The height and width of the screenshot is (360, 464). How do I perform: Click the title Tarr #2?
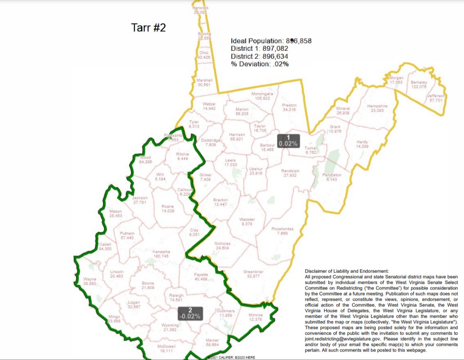(x=148, y=28)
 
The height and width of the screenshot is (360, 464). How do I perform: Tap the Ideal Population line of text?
(x=271, y=41)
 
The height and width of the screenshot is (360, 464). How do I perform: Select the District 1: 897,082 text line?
(x=259, y=48)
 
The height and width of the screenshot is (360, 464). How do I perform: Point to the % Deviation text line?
(x=260, y=64)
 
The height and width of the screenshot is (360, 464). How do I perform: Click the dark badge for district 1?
(x=288, y=141)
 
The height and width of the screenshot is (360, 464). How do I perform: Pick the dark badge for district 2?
(x=190, y=313)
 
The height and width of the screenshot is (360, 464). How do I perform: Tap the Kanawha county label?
(x=161, y=254)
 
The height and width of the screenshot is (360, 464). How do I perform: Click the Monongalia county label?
(x=262, y=96)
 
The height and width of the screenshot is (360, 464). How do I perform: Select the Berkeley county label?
(x=418, y=85)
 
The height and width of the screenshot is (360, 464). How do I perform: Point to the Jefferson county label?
(x=436, y=98)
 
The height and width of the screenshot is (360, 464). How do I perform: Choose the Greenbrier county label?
(x=253, y=274)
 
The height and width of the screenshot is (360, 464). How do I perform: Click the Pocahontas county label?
(x=282, y=231)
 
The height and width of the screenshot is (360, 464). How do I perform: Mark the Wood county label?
(x=145, y=159)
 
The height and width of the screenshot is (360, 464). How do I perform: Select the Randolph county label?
(x=290, y=173)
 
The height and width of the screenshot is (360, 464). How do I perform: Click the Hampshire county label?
(x=377, y=108)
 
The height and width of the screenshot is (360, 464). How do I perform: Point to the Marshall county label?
(x=204, y=82)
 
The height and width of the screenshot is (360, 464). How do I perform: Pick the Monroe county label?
(x=255, y=317)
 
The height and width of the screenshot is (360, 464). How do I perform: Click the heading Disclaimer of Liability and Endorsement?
(x=347, y=271)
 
